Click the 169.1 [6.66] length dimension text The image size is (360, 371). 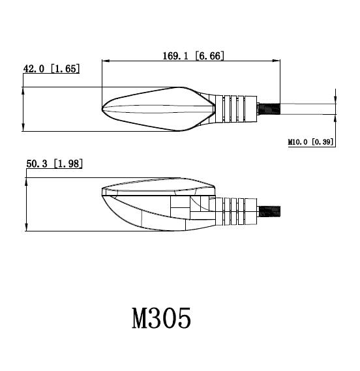click(193, 56)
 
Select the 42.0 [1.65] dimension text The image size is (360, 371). click(52, 68)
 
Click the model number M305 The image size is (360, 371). click(162, 319)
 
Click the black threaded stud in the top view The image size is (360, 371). click(269, 108)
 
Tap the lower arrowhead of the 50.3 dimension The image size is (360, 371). click(27, 229)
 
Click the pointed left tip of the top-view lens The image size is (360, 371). click(103, 109)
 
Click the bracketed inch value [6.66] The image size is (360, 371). click(211, 56)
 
